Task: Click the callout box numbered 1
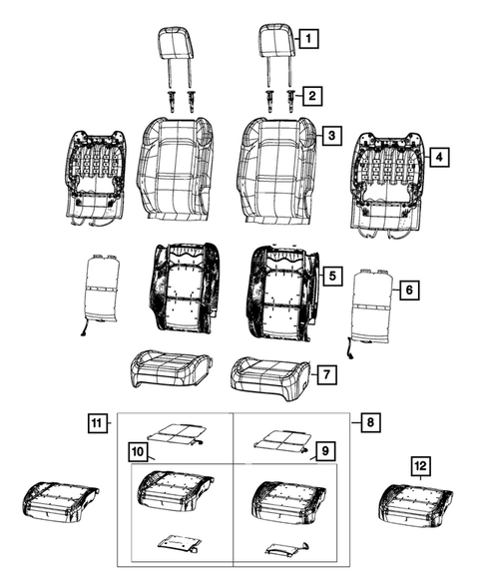[x=309, y=40]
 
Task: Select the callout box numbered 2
[x=313, y=96]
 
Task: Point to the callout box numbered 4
[x=436, y=157]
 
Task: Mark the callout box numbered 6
[x=408, y=291]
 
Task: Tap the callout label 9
[x=323, y=452]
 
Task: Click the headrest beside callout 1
[x=275, y=44]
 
